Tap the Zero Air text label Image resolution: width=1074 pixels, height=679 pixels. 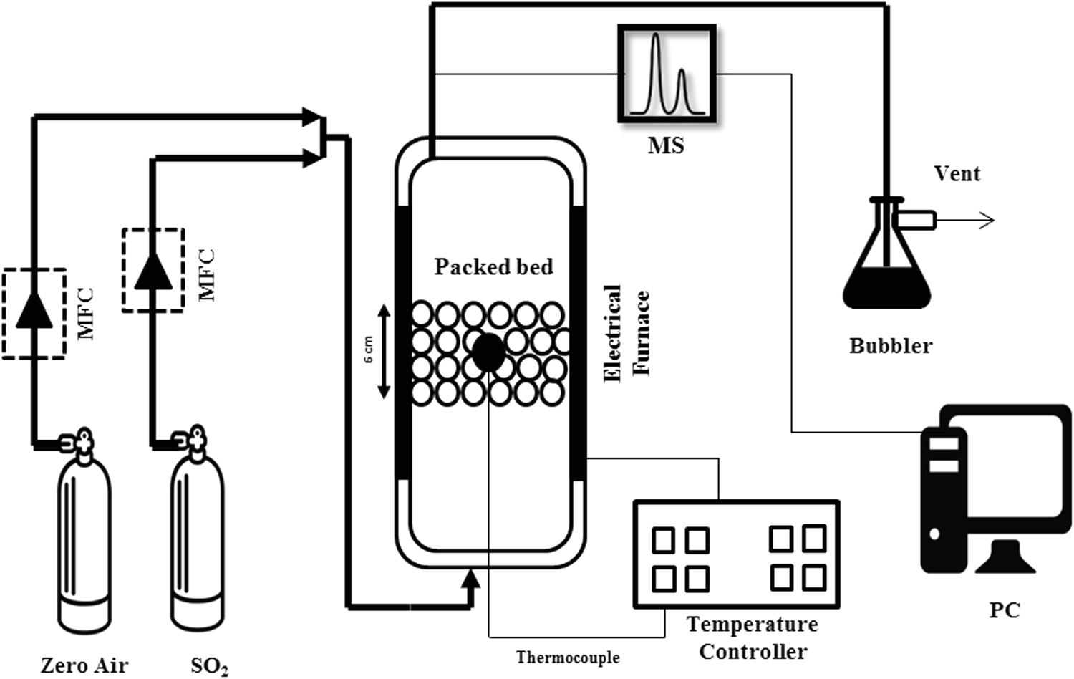[x=84, y=665]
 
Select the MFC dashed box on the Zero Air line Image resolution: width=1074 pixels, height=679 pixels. [x=34, y=314]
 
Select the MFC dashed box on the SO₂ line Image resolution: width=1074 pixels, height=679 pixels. [x=153, y=270]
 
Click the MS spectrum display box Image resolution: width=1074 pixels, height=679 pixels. [x=667, y=74]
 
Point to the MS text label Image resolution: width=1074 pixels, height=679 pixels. [x=666, y=145]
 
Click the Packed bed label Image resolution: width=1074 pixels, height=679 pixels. [x=493, y=267]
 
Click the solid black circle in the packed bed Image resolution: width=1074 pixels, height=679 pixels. [x=489, y=352]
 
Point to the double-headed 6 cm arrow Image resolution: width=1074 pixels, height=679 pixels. [x=384, y=351]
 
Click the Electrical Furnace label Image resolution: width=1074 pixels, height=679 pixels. [x=626, y=333]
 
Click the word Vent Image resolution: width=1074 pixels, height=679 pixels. [x=957, y=173]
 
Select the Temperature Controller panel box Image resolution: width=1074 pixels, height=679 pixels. [x=736, y=554]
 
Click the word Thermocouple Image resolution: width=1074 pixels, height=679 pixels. [x=568, y=658]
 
